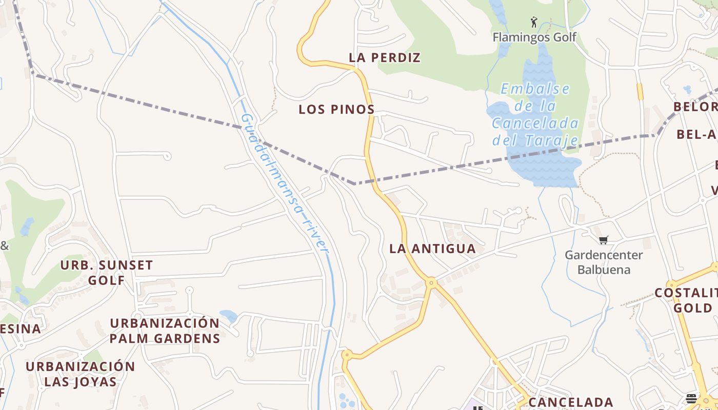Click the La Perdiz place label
click(x=385, y=58)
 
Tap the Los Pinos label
click(x=336, y=109)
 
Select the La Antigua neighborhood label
click(x=432, y=249)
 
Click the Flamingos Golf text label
click(x=534, y=37)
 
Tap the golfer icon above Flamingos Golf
click(x=534, y=22)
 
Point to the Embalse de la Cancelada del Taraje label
click(x=535, y=114)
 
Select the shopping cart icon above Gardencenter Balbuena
click(x=604, y=240)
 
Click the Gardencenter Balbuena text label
click(x=604, y=262)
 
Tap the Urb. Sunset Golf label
click(x=107, y=272)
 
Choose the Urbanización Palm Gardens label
click(x=165, y=331)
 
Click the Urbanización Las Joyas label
click(x=81, y=374)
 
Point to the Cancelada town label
click(x=570, y=402)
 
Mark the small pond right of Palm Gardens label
click(x=228, y=315)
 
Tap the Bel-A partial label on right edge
click(x=696, y=134)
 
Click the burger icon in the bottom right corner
click(x=691, y=399)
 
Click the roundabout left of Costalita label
click(x=672, y=284)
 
